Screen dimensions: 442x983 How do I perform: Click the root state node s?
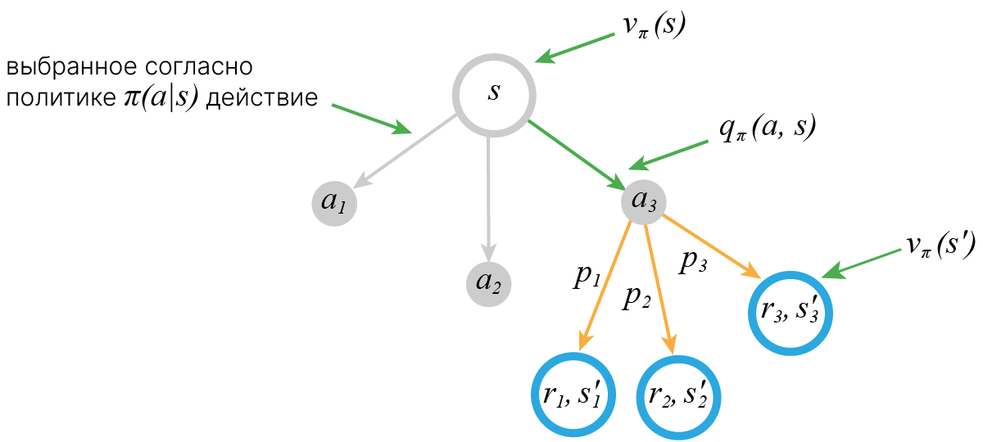point(494,93)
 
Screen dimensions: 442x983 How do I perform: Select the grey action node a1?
point(333,202)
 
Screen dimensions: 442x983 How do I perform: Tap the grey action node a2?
point(489,285)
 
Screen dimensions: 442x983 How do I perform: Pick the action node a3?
point(643,202)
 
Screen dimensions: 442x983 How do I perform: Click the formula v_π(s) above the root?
point(653,25)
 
